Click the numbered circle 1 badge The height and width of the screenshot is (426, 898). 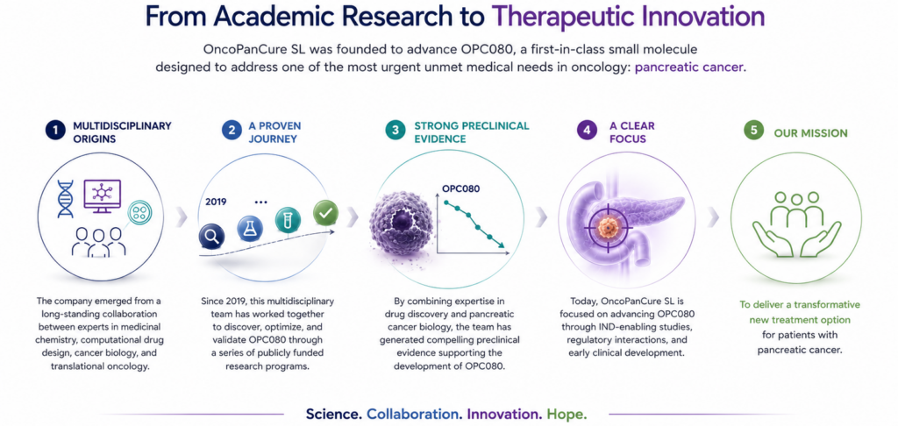click(55, 131)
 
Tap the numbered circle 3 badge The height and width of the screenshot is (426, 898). click(394, 131)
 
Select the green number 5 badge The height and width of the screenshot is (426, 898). click(753, 131)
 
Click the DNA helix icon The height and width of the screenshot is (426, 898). click(66, 199)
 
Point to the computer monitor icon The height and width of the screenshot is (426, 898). click(102, 195)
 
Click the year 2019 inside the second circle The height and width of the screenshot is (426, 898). click(216, 202)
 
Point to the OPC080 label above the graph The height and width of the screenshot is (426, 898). click(461, 188)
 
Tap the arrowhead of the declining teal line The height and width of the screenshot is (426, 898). click(502, 245)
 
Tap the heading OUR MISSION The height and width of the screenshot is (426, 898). click(810, 133)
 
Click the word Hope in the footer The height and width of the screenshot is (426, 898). click(567, 414)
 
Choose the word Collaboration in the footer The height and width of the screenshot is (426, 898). click(415, 414)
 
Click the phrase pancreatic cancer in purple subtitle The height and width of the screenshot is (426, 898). click(690, 67)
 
